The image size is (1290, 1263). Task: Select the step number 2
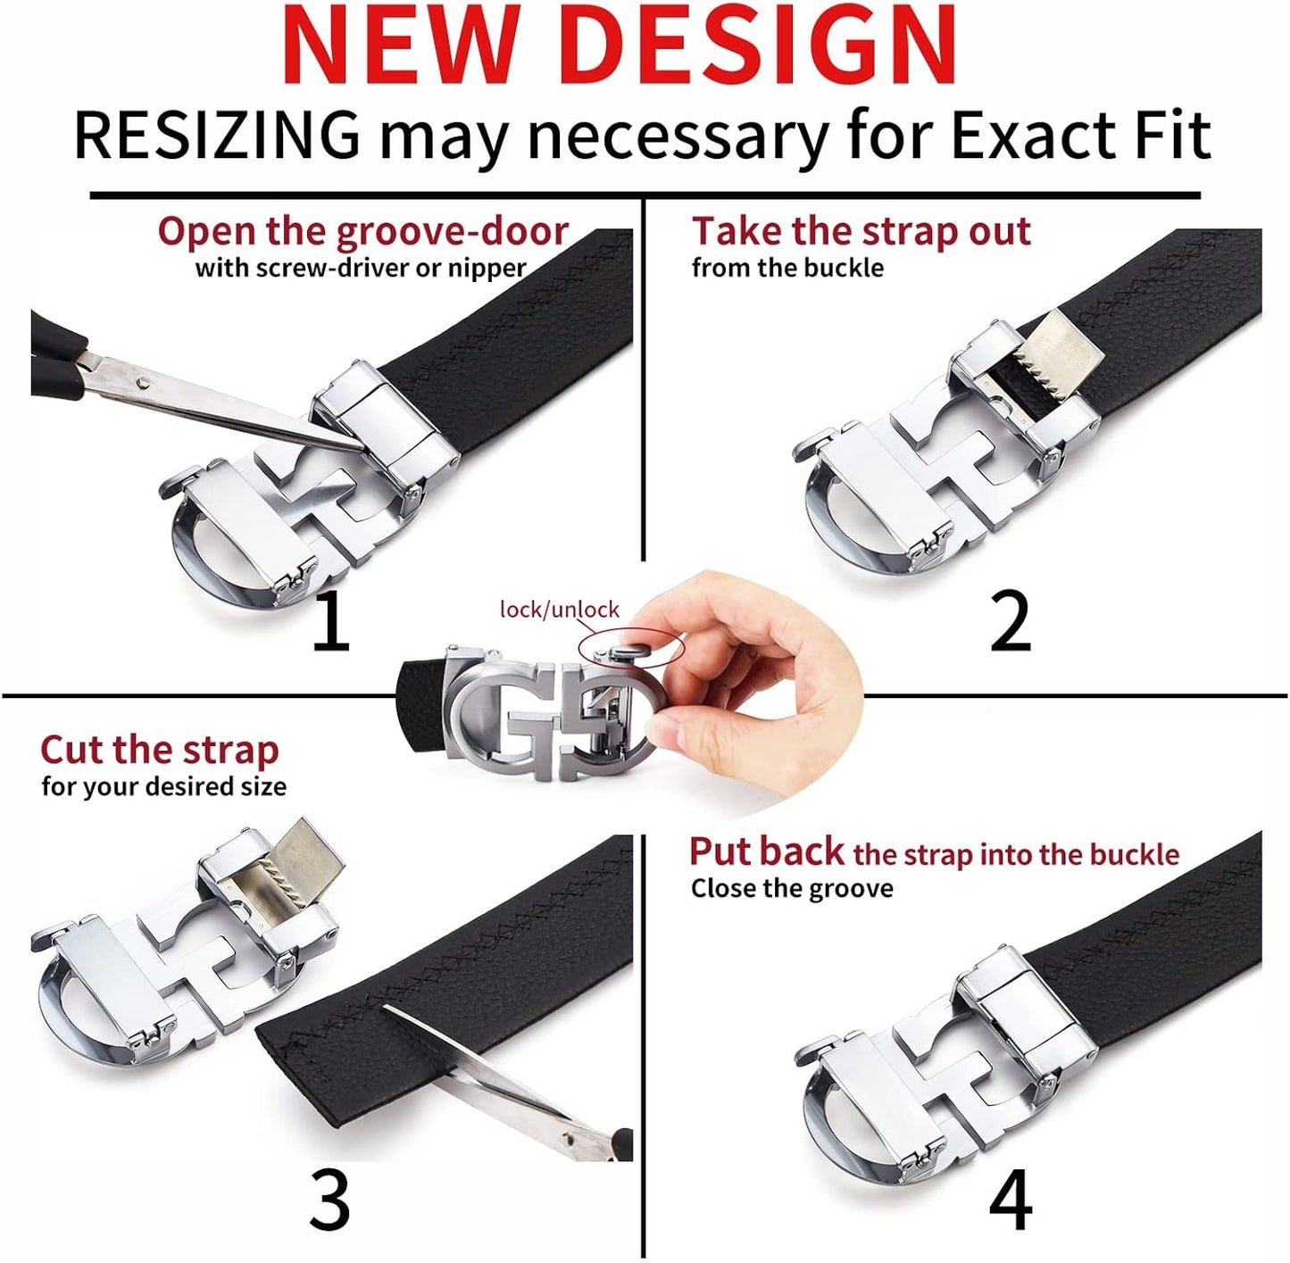tap(1011, 621)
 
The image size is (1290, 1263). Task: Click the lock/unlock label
tap(560, 609)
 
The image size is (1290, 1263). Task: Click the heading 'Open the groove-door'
tap(362, 232)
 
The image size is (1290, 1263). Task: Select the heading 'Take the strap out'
tap(861, 232)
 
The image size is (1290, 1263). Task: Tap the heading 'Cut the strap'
tap(159, 751)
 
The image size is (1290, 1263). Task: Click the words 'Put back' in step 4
tap(767, 852)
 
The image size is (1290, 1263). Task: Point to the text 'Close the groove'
tap(792, 889)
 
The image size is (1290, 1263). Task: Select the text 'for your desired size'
tap(164, 785)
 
